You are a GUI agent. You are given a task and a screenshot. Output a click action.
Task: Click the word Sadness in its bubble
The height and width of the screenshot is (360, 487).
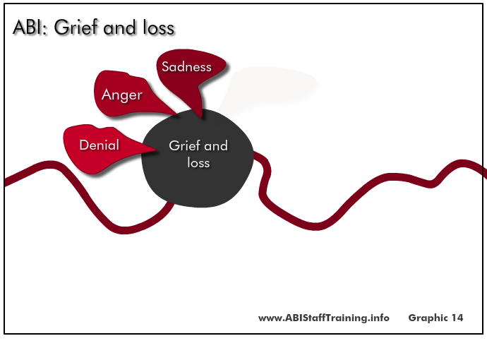click(x=186, y=67)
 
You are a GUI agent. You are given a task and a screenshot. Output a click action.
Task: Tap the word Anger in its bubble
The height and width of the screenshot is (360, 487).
click(x=121, y=95)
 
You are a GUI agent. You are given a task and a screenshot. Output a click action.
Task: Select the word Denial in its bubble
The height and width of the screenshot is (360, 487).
click(x=100, y=145)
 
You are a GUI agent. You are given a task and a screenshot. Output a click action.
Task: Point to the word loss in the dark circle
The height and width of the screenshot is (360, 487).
click(x=198, y=162)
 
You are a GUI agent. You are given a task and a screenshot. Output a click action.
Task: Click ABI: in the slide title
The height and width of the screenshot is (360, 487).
click(x=30, y=28)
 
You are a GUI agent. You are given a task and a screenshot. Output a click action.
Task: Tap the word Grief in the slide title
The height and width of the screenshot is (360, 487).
click(x=76, y=27)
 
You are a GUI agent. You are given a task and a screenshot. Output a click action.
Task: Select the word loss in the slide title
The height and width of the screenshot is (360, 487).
click(x=159, y=28)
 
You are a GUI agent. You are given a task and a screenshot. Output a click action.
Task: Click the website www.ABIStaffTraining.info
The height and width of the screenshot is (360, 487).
click(x=324, y=318)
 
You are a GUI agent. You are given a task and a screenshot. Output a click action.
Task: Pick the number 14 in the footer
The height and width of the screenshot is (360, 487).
click(x=457, y=318)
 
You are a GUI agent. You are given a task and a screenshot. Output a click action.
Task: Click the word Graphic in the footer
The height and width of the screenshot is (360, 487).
click(x=428, y=318)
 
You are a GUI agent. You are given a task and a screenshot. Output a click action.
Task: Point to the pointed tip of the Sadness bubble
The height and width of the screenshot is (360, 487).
click(x=202, y=117)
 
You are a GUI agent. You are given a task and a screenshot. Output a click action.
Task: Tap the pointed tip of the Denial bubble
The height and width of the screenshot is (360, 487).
click(x=155, y=150)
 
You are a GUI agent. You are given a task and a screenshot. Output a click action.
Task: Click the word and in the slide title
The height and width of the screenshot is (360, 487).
click(x=120, y=28)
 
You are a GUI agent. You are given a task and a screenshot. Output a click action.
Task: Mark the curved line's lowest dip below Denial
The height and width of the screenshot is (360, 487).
click(x=124, y=230)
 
